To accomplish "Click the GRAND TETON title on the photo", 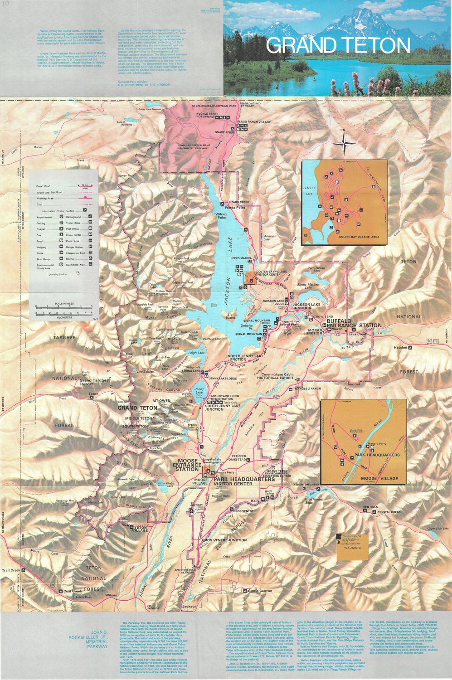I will pos(338,45).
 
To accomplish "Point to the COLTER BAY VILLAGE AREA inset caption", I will pos(359,237).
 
